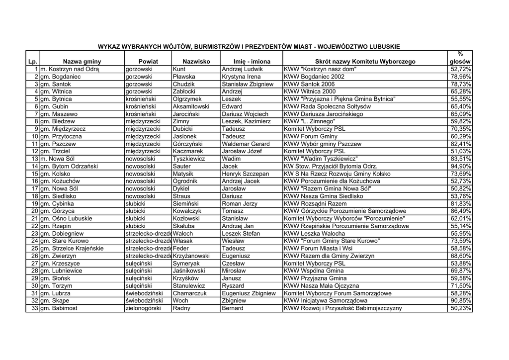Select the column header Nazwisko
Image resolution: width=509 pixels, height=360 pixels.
pos(196,62)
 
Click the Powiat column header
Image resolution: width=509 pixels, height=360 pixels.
pos(148,62)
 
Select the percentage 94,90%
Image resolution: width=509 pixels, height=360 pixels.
pos(460,166)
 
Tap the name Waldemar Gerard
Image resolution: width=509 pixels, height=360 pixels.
pos(246,144)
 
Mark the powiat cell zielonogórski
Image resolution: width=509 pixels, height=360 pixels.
pos(143,308)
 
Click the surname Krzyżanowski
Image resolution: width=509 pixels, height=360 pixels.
pos(191,256)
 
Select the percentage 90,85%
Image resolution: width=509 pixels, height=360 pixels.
pos(460,301)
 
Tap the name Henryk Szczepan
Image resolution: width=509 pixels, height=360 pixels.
pos(246,174)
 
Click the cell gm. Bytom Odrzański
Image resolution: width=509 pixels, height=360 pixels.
pos(69,166)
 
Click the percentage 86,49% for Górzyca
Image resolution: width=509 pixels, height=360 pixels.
pos(460,211)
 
